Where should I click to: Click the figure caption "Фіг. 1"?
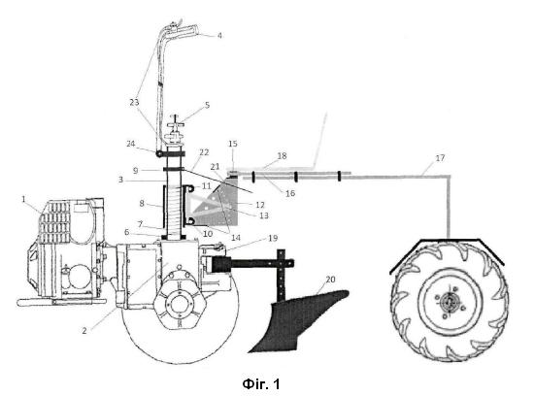click(261, 384)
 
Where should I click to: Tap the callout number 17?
click(440, 158)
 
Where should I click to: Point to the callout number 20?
click(330, 280)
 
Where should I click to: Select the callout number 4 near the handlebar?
click(219, 35)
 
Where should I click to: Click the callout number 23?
click(134, 102)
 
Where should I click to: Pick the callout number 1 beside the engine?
click(23, 199)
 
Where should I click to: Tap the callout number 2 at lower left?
click(84, 330)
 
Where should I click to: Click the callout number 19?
click(273, 238)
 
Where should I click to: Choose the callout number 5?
click(207, 105)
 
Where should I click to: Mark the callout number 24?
click(131, 144)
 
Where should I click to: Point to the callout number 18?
click(282, 155)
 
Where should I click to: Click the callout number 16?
click(290, 193)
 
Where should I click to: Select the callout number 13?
click(264, 215)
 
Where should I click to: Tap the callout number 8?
click(142, 203)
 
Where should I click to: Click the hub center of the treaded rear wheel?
click(450, 301)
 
